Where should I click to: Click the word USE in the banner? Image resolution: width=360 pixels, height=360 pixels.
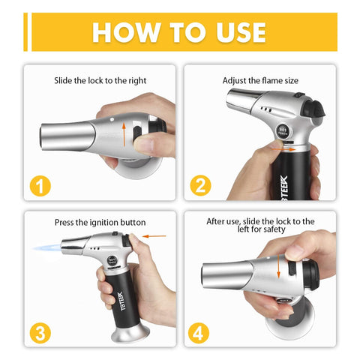pyautogui.click(x=241, y=32)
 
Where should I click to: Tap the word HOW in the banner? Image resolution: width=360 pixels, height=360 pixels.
pyautogui.click(x=127, y=32)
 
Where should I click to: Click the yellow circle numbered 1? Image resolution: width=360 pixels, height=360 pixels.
pyautogui.click(x=40, y=186)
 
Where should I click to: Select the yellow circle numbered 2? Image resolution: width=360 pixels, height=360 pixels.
pyautogui.click(x=200, y=185)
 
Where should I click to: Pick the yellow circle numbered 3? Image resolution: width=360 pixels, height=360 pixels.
pyautogui.click(x=40, y=333)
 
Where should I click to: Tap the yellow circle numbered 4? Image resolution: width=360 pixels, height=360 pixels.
pyautogui.click(x=199, y=333)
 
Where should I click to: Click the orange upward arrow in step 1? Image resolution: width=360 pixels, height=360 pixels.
pyautogui.click(x=124, y=134)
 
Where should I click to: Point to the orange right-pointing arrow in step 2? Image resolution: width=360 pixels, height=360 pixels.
pyautogui.click(x=283, y=149)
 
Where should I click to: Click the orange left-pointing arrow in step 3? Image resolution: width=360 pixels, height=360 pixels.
pyautogui.click(x=154, y=236)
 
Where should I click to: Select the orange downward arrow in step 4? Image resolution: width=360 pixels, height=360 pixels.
pyautogui.click(x=278, y=266)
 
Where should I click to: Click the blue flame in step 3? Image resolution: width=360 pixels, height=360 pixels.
pyautogui.click(x=47, y=248)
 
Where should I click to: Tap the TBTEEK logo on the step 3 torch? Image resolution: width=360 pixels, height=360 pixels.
pyautogui.click(x=123, y=301)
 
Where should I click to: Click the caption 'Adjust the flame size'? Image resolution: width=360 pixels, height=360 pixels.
pyautogui.click(x=260, y=80)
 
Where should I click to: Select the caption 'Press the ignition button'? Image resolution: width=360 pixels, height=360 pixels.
pyautogui.click(x=100, y=222)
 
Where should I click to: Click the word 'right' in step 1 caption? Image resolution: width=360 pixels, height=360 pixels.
pyautogui.click(x=137, y=81)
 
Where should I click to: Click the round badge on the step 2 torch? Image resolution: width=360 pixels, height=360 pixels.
pyautogui.click(x=283, y=131)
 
